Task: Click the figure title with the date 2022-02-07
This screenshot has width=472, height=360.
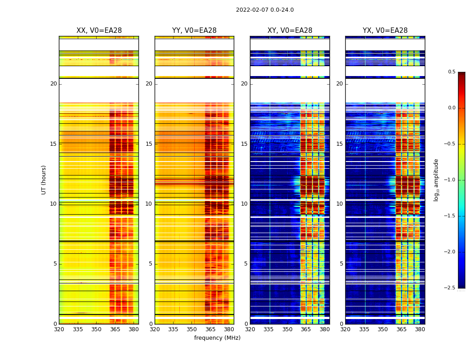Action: point(265,10)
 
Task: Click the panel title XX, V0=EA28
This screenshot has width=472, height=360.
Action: point(99,31)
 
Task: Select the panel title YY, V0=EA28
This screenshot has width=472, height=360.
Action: point(194,31)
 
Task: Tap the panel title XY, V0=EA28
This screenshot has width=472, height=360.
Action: point(290,31)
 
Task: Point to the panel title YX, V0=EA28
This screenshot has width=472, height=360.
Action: point(385,31)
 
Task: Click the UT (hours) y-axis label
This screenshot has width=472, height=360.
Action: point(44,180)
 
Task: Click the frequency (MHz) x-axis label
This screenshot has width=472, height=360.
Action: point(217,338)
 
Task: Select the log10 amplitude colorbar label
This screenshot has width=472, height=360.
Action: point(436,180)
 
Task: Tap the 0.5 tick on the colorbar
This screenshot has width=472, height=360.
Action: point(451,72)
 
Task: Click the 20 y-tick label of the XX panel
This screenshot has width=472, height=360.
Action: point(53,84)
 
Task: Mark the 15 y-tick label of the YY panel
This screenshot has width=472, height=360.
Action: point(149,144)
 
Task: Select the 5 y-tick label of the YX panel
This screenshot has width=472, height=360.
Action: point(341,264)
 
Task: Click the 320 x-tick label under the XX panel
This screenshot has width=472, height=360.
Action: point(59,329)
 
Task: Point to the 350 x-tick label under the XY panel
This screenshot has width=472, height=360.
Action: point(287,329)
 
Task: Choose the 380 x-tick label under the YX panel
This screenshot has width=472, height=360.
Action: point(420,329)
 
